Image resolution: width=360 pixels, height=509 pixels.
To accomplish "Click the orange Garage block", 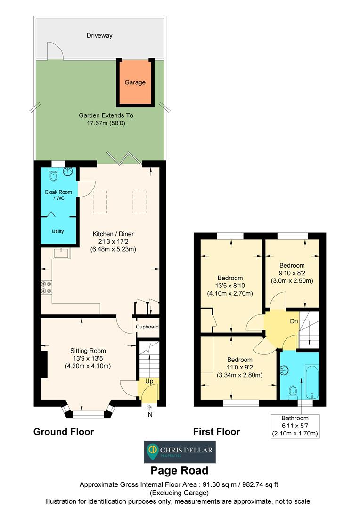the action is [135, 82].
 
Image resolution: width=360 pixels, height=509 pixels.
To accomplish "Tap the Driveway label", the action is [99, 35].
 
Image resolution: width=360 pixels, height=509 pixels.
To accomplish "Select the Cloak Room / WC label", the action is [58, 195].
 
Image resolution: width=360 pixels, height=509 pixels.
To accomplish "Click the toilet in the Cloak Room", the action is [53, 175].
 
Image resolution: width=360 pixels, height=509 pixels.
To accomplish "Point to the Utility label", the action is [58, 231].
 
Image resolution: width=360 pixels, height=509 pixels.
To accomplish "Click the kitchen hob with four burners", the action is [46, 287].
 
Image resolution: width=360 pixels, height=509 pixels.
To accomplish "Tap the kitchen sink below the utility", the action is [62, 253].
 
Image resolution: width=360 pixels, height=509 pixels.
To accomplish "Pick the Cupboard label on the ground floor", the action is [147, 327].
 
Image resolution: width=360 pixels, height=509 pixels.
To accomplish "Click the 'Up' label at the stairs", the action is [149, 381].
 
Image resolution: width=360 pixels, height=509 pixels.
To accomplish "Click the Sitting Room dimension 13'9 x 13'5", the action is [88, 358].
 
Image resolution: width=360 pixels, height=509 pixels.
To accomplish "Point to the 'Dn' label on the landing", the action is [294, 321].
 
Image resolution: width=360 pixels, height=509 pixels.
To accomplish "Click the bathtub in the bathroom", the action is [312, 382].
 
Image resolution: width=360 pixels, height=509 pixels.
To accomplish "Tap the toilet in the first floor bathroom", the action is [293, 391].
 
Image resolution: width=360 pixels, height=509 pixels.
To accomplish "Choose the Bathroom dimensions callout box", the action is [295, 426].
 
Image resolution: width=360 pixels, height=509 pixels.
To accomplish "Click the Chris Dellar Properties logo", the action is [180, 452].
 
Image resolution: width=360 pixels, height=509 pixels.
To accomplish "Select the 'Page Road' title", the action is [180, 470].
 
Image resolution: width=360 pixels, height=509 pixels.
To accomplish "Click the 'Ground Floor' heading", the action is [64, 431].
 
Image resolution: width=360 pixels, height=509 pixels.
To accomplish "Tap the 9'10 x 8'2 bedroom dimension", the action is [292, 273].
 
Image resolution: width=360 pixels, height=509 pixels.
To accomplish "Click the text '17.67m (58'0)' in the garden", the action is [106, 123].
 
